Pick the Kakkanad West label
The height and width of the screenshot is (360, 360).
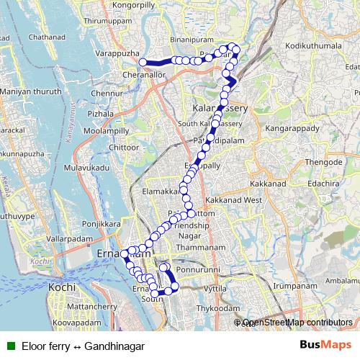[x=233, y=199]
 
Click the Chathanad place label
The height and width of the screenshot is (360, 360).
[x=53, y=36]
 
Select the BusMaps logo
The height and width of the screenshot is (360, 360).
[x=322, y=346]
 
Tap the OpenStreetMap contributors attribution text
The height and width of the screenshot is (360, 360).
[x=297, y=323]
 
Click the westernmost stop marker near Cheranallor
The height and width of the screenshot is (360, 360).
[x=143, y=62]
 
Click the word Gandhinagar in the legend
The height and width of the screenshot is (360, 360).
[x=114, y=346]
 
